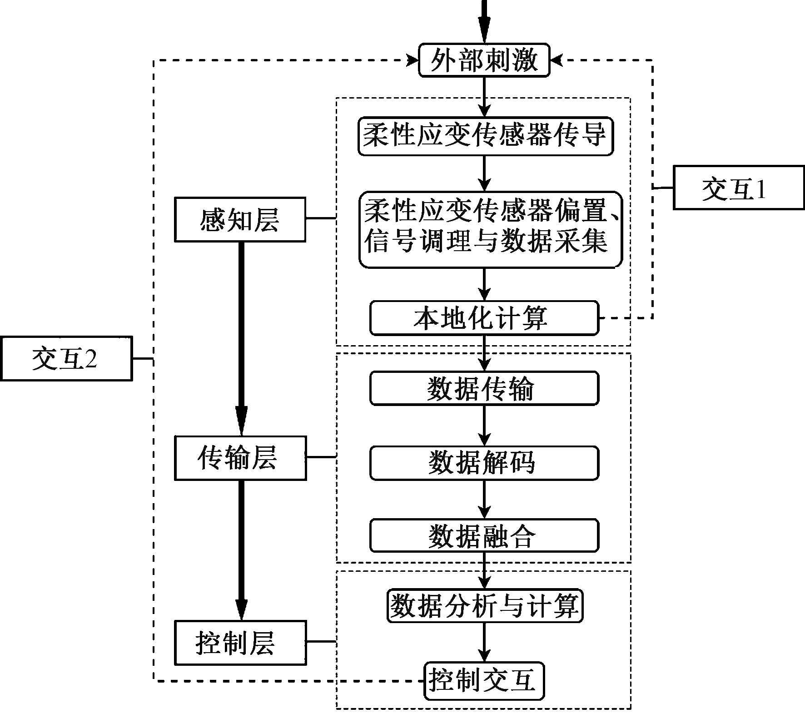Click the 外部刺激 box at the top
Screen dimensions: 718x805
[484, 60]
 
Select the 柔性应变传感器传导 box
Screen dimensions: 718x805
[485, 136]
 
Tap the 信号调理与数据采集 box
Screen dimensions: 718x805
[490, 229]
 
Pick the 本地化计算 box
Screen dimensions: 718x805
[484, 318]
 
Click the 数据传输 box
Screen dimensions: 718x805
[484, 389]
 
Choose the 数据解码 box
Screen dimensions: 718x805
[484, 463]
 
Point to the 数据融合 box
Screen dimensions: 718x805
[484, 536]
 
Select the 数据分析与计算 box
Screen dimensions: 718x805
[485, 606]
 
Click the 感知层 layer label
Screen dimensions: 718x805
[240, 219]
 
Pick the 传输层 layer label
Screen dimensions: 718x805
[240, 458]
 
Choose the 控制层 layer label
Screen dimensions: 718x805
[240, 643]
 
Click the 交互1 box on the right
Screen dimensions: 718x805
[738, 188]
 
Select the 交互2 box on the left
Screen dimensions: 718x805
[66, 358]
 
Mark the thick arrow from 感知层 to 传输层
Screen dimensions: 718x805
[241, 338]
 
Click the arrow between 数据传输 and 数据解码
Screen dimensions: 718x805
[484, 426]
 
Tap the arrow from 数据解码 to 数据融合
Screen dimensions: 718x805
[484, 500]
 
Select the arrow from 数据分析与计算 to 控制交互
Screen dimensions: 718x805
[484, 642]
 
